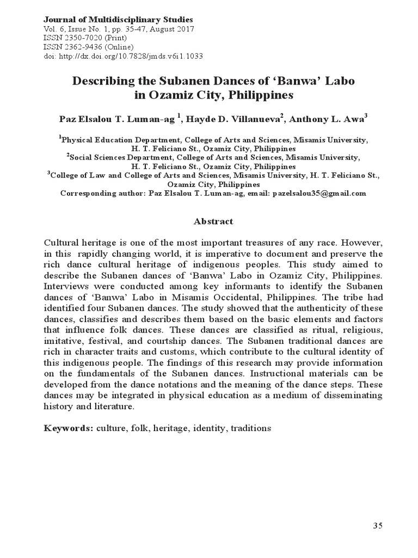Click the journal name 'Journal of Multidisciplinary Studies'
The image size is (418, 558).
118,20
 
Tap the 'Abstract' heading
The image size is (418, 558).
213,221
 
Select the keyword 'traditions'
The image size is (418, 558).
251,428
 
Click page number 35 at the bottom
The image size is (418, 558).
378,525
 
